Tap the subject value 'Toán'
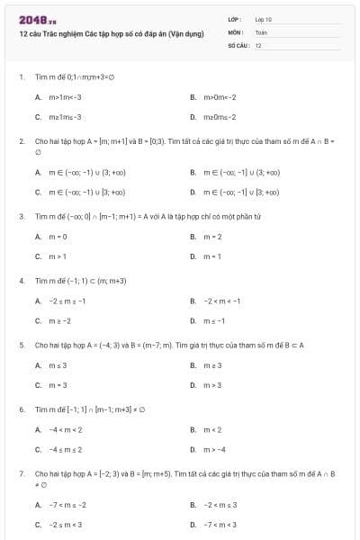coord(261,31)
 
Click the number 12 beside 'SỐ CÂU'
coord(258,44)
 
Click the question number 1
coord(21,76)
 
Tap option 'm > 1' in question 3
coord(57,256)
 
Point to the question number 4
coord(21,281)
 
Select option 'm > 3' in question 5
coord(212,385)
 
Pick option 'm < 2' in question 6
coord(212,429)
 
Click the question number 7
coord(21,472)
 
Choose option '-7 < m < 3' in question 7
coord(221,525)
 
